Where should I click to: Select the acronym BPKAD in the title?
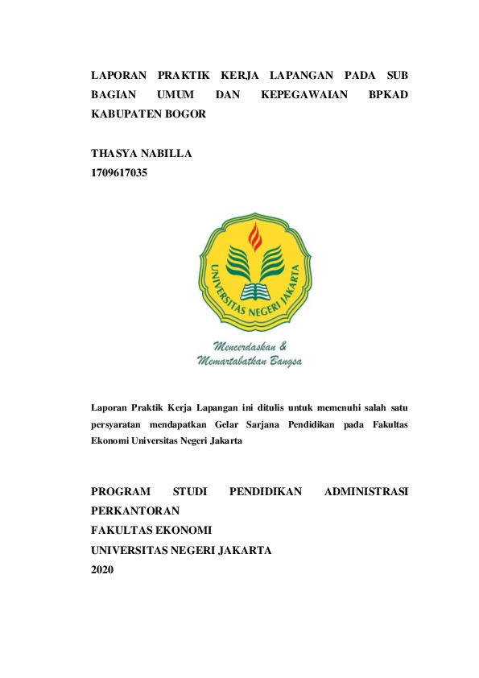click(x=387, y=95)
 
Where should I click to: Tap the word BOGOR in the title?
click(x=185, y=114)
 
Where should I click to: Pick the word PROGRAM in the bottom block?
click(x=122, y=491)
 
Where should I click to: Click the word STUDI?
click(x=190, y=491)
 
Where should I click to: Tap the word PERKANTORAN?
click(x=135, y=511)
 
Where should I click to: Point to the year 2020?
click(x=103, y=570)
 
